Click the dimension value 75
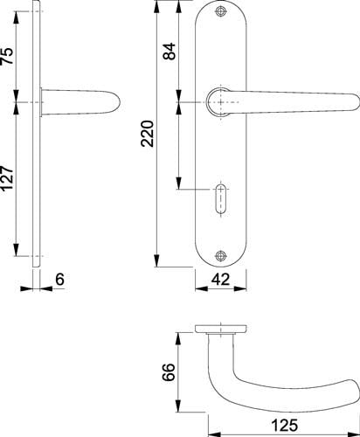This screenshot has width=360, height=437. point(8,56)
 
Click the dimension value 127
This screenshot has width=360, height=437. point(8,178)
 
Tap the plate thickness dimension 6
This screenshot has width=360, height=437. point(59,280)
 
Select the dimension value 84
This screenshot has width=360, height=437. point(170,52)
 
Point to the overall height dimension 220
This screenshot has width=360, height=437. point(148,134)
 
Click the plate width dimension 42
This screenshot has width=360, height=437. point(220,280)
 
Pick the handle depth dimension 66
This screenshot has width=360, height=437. point(169,372)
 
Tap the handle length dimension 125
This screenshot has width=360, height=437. point(284,425)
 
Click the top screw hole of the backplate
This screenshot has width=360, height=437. point(221,11)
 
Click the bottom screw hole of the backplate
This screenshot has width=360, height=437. point(221,255)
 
